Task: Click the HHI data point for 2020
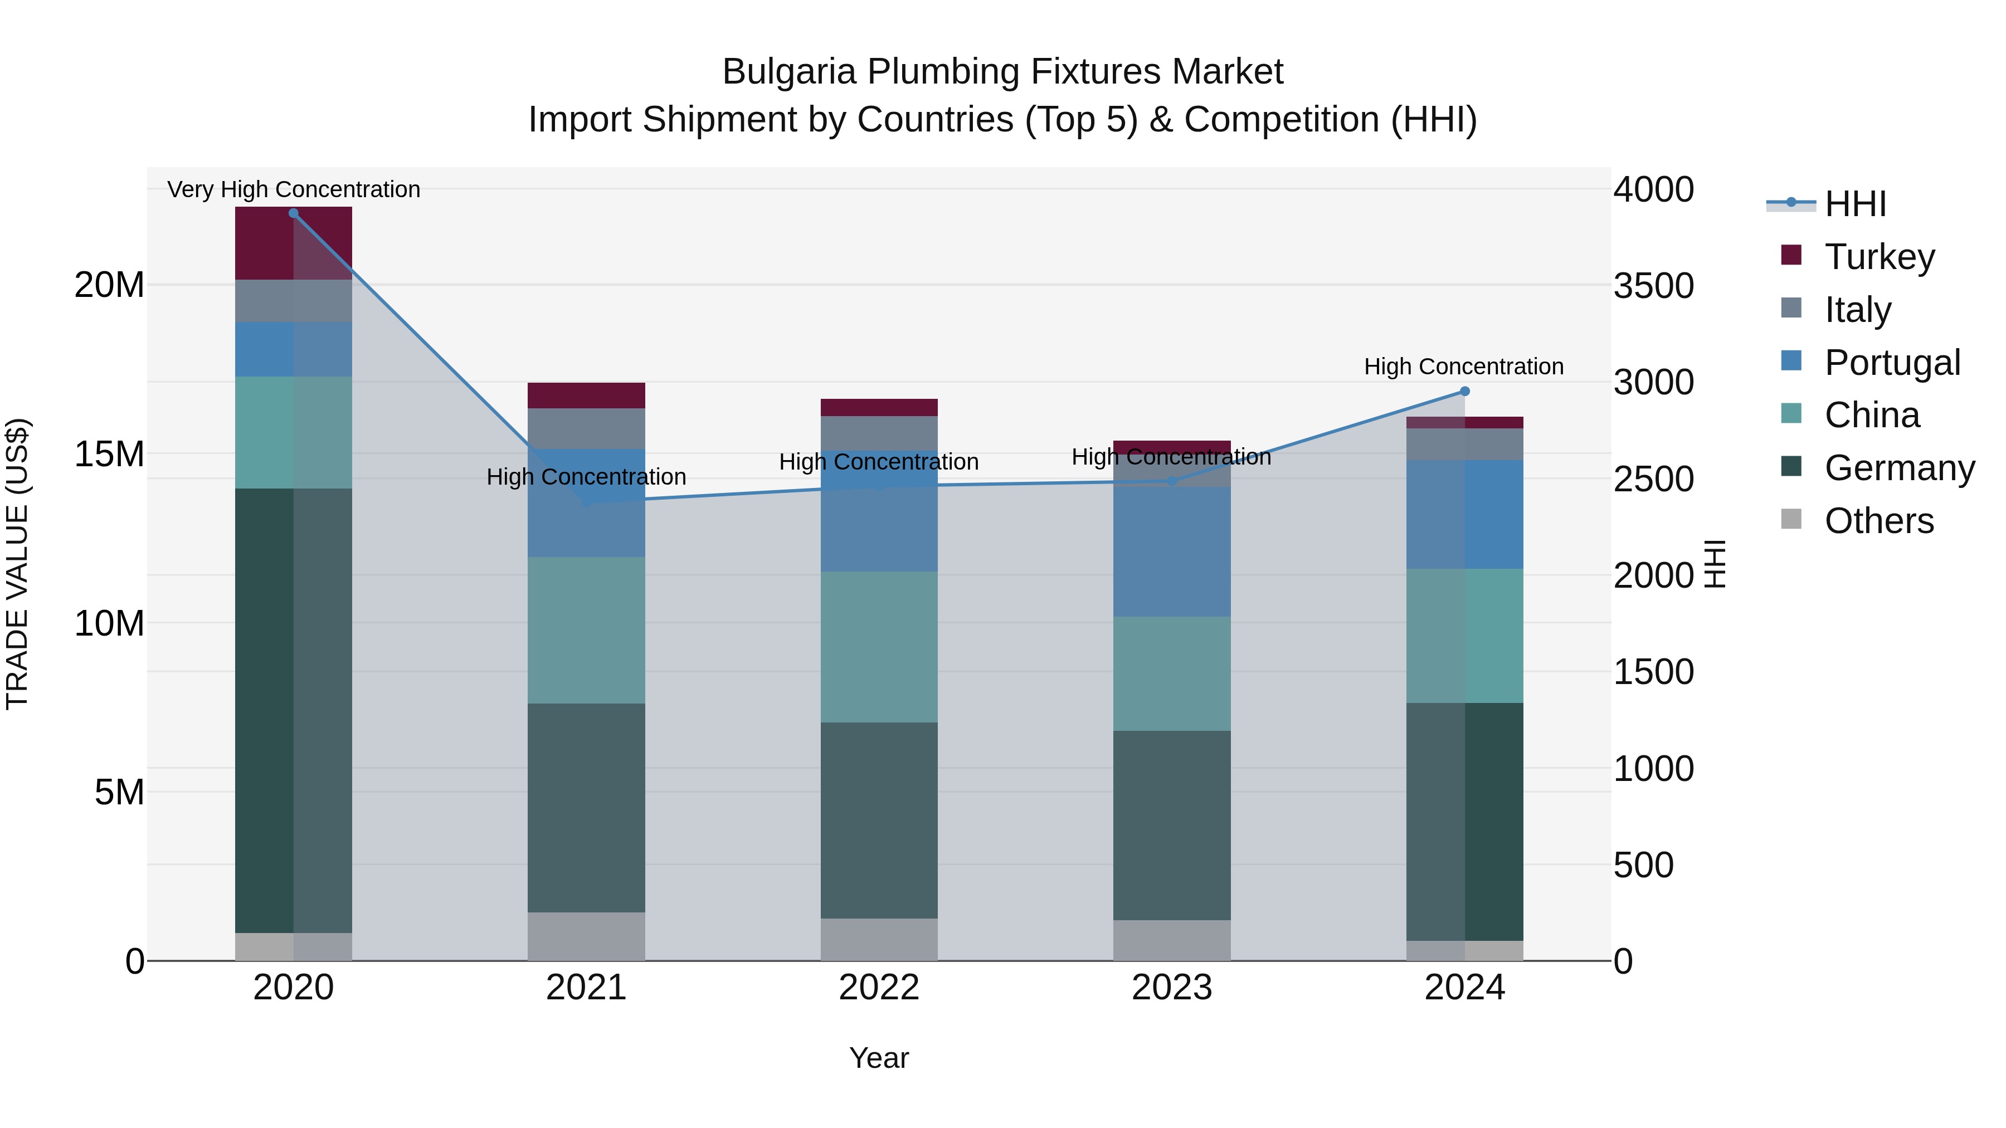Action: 294,213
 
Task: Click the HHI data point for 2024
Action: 1465,392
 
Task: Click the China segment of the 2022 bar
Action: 879,646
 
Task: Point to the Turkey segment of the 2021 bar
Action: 586,395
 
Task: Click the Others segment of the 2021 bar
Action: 586,936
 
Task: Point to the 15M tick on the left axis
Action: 109,454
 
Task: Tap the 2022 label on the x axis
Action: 879,988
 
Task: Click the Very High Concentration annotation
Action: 294,189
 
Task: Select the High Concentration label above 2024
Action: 1463,367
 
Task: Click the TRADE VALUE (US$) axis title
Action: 18,564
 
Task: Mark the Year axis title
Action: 879,1058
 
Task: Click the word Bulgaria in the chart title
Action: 790,72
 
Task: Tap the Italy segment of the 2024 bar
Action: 1465,444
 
